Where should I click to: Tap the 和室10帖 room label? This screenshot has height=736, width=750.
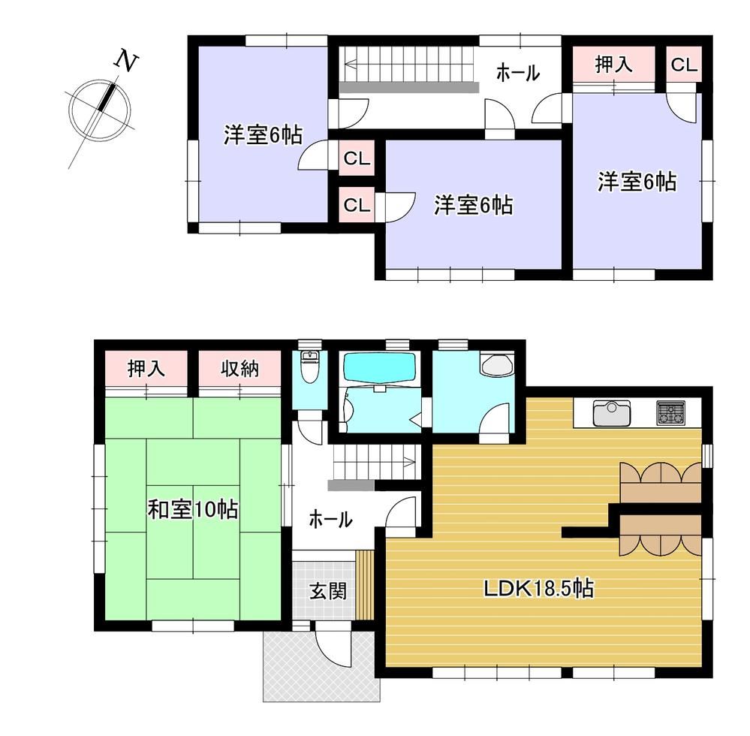tap(193, 509)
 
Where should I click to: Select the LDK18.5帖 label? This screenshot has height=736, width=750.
tap(539, 587)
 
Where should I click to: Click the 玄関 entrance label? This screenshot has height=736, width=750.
tap(327, 592)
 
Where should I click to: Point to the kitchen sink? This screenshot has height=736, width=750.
tap(612, 413)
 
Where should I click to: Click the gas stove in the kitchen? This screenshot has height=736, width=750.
tap(670, 412)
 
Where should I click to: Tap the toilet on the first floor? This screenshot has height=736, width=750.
tap(310, 366)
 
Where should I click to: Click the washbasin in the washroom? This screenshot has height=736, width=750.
tap(497, 365)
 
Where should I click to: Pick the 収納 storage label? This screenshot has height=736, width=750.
tap(239, 369)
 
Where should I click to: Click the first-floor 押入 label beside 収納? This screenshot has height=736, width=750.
tap(146, 369)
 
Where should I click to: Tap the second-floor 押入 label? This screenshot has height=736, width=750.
tap(613, 64)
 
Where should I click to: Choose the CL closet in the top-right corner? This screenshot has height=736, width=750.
tap(684, 65)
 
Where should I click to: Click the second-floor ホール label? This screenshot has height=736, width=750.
tap(518, 73)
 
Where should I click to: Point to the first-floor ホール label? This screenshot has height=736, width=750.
tap(330, 519)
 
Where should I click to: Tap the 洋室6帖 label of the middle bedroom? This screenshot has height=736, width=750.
tap(473, 205)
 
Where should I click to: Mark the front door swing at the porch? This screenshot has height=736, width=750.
tap(333, 643)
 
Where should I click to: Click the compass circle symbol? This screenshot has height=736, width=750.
tap(100, 110)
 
